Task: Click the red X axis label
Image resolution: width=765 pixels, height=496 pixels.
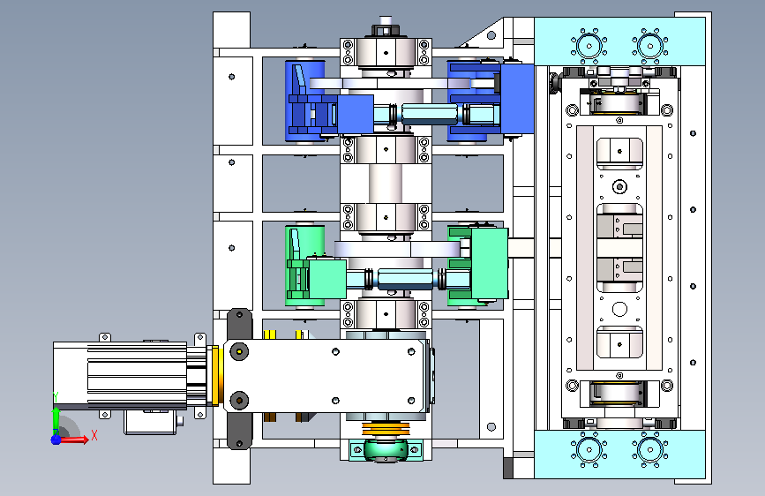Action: tap(94, 435)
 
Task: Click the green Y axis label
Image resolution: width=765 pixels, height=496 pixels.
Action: tap(56, 397)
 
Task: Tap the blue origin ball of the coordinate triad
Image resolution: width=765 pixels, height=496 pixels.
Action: tap(56, 440)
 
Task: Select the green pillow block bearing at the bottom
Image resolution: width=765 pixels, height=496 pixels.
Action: tap(386, 449)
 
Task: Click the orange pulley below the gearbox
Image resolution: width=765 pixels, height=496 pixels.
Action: tap(386, 430)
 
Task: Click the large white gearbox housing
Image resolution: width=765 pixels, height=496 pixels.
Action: tap(326, 376)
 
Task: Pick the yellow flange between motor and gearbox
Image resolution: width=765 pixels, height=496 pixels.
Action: tap(215, 375)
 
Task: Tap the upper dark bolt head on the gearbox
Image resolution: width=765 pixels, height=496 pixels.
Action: tap(239, 351)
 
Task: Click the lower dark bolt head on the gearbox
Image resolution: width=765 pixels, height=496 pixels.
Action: tap(239, 401)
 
